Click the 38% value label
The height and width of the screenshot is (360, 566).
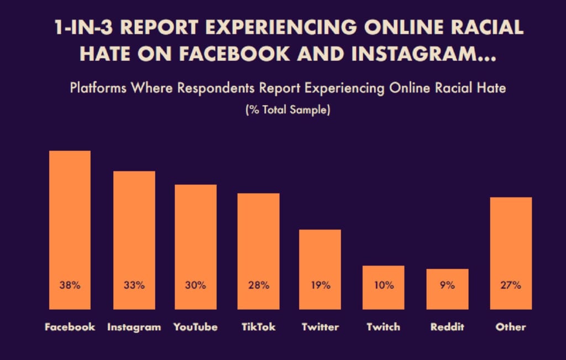[x=70, y=285]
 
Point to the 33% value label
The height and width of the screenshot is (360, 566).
[x=134, y=285]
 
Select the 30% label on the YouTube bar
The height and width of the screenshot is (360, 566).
[x=196, y=285]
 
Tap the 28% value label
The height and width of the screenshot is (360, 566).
[x=258, y=285]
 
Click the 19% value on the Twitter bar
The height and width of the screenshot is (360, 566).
[x=320, y=285]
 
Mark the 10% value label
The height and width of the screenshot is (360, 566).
[x=383, y=285]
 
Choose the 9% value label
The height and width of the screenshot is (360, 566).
[x=447, y=285]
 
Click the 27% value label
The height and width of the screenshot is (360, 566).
[x=511, y=285]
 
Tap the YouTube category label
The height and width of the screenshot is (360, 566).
[x=196, y=327]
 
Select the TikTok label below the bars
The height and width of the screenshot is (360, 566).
[x=258, y=327]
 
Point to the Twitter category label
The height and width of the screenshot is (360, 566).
[x=320, y=327]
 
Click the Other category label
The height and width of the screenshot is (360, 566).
[x=511, y=327]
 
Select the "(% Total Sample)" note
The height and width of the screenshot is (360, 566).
[x=287, y=111]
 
